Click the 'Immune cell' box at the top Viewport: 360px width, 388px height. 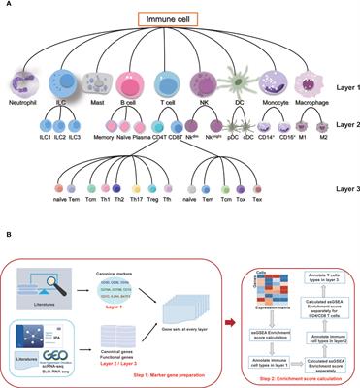point(180,18)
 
